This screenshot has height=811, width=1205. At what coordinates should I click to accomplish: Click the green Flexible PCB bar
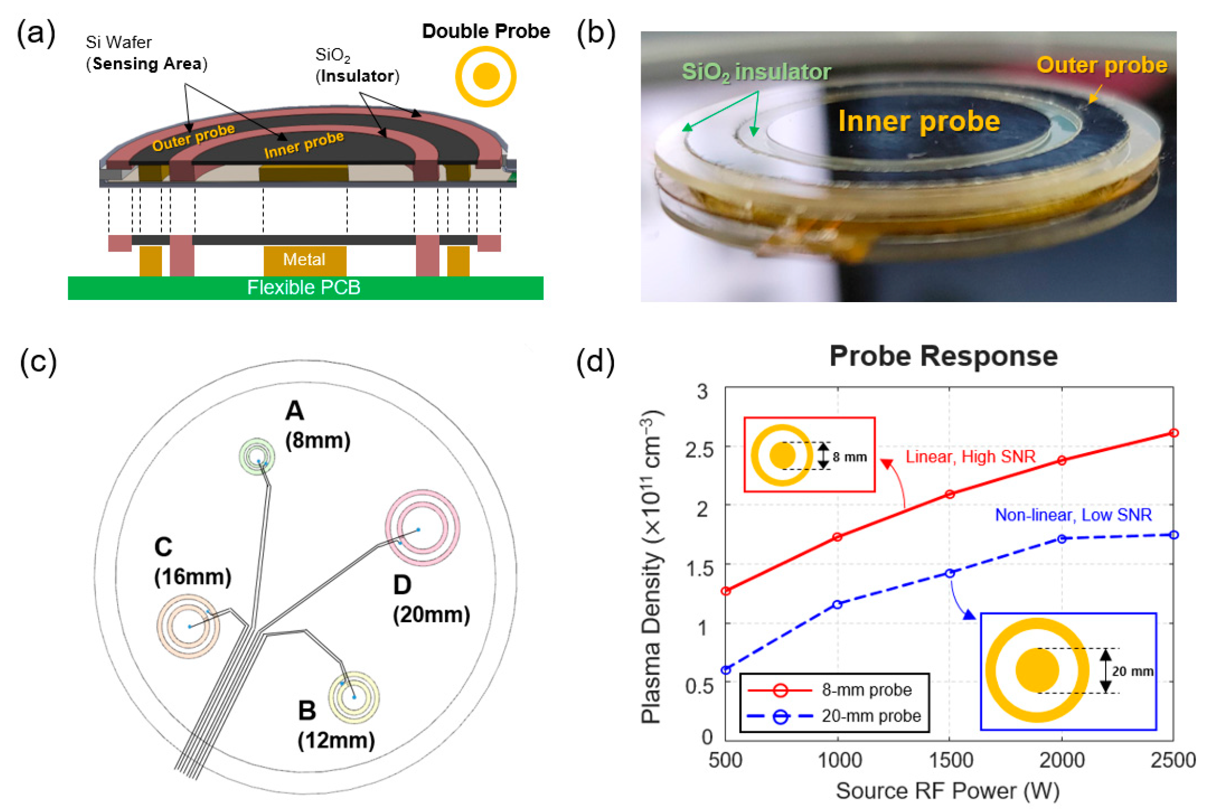[x=305, y=287]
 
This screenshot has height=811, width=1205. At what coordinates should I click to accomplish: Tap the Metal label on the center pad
[x=304, y=259]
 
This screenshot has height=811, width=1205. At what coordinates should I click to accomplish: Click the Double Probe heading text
[x=486, y=31]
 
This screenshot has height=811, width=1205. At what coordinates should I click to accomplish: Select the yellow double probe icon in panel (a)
[x=486, y=76]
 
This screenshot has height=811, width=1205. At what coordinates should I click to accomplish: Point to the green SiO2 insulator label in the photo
[x=756, y=71]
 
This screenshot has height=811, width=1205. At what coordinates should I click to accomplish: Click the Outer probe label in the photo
[x=1101, y=64]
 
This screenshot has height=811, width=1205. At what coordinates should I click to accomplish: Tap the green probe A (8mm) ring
[x=257, y=455]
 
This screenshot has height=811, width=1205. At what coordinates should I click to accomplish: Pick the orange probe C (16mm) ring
[x=188, y=626]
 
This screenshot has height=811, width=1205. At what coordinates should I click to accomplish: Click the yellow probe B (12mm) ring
[x=354, y=697]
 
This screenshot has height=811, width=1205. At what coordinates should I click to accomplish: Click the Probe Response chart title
[x=943, y=356]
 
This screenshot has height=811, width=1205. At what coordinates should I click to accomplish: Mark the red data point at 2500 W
[x=1173, y=433]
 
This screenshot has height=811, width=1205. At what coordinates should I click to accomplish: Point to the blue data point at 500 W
[x=726, y=670]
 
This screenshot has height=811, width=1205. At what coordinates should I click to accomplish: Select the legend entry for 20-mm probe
[x=871, y=716]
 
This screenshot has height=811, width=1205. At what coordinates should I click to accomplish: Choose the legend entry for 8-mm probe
[x=866, y=690]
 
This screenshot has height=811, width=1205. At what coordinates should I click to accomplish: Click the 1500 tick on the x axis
[x=950, y=760]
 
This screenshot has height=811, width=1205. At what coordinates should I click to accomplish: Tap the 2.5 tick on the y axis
[x=700, y=450]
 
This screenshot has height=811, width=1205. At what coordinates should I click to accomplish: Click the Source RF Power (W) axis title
[x=948, y=790]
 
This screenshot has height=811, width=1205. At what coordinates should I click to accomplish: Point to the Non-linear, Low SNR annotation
[x=1073, y=514]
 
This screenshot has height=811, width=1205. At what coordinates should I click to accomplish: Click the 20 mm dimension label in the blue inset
[x=1132, y=671]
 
